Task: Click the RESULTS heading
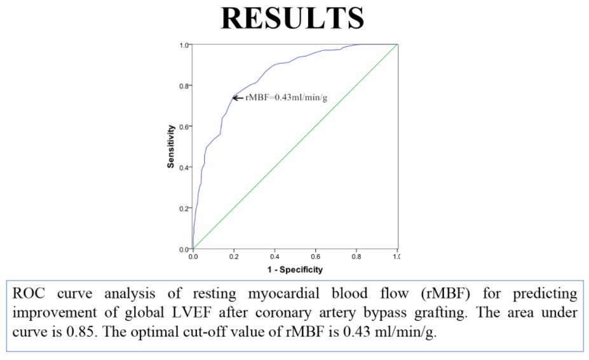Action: coord(293,19)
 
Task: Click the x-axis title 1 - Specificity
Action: coord(294,270)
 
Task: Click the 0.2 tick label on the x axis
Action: coord(234,256)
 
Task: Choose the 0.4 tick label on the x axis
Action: coord(274,256)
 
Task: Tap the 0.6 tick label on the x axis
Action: coord(316,256)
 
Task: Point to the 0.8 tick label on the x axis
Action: coord(356,256)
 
